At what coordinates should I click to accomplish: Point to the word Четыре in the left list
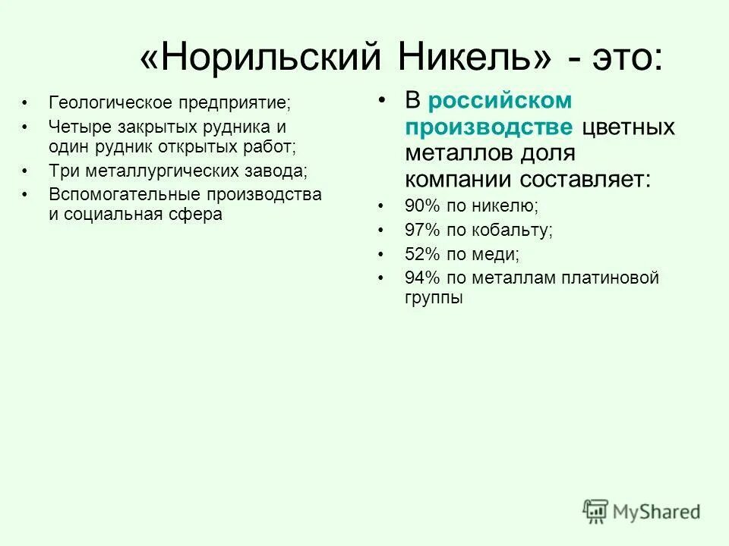pyautogui.click(x=73, y=127)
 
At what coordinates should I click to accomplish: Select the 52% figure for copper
pyautogui.click(x=417, y=255)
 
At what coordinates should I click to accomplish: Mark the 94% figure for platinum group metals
pyautogui.click(x=417, y=278)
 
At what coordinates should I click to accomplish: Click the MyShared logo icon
pyautogui.click(x=595, y=512)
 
